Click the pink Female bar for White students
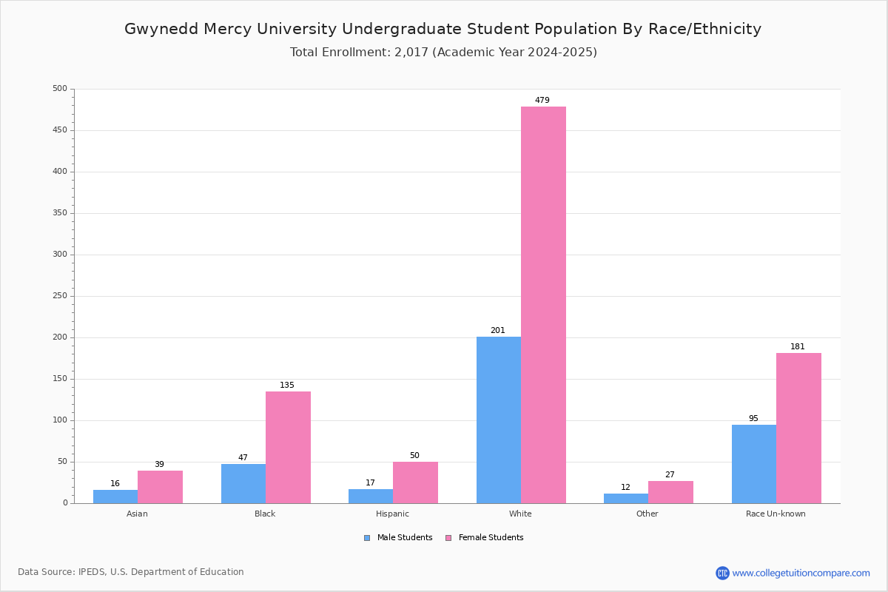(x=543, y=305)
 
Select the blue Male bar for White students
(x=499, y=420)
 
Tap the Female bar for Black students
(x=288, y=448)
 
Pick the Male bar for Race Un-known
(x=754, y=464)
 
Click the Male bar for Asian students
(x=115, y=497)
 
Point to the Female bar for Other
(x=670, y=493)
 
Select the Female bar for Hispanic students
(x=415, y=482)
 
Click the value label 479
(x=542, y=100)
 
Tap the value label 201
(x=498, y=330)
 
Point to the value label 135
(x=287, y=385)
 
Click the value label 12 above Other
(x=625, y=487)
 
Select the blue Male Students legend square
(x=367, y=538)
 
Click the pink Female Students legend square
(x=448, y=538)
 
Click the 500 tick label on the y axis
(x=60, y=88)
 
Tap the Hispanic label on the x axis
(x=392, y=514)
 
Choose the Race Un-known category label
(x=776, y=514)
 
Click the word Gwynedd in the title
(x=161, y=30)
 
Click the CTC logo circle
(x=722, y=573)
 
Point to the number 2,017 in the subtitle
(x=411, y=53)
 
